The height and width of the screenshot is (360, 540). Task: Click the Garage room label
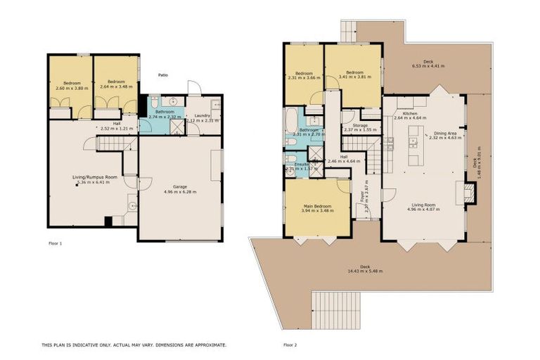click(179, 186)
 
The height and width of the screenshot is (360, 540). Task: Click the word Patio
click(163, 75)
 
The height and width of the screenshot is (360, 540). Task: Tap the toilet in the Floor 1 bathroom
click(153, 103)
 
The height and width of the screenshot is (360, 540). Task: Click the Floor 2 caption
click(290, 345)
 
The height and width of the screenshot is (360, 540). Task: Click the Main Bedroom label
click(316, 205)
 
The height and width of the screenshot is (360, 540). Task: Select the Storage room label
click(360, 125)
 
